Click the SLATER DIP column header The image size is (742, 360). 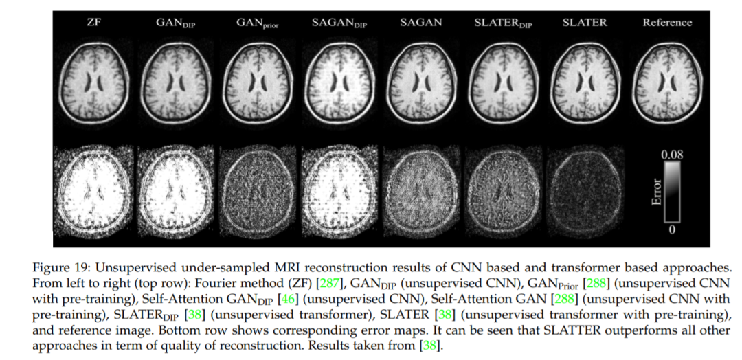[502, 23]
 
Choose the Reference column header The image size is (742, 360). [667, 22]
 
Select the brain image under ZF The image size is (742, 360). [93, 82]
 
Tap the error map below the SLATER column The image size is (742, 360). [585, 187]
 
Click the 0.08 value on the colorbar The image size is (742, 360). [671, 155]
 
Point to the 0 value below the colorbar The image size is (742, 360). [671, 229]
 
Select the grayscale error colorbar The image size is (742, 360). [671, 192]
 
